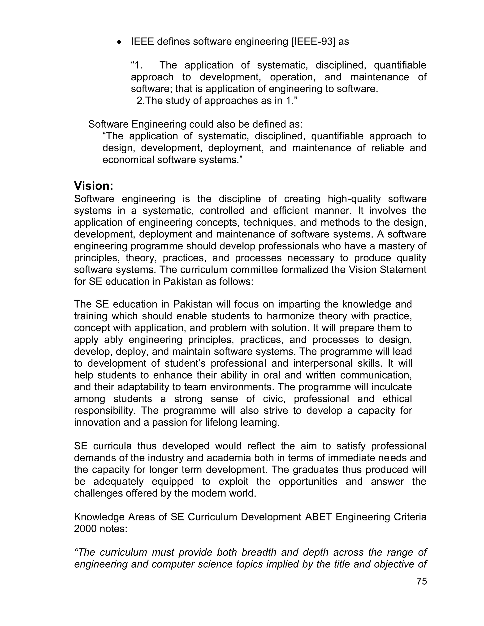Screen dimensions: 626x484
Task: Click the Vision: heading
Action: tap(94, 186)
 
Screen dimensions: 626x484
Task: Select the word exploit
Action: tap(233, 481)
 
